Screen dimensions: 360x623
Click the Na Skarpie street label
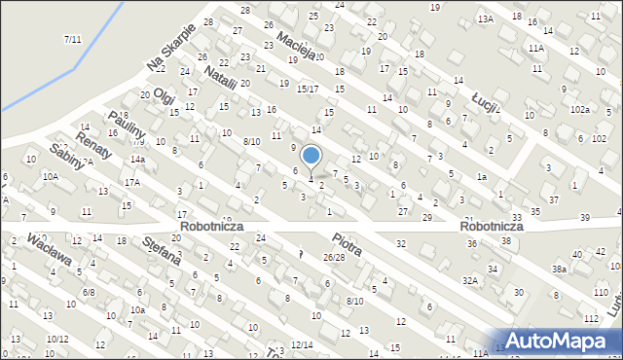tap(171, 47)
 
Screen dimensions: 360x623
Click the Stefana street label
tap(161, 250)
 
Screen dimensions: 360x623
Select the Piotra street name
tap(346, 244)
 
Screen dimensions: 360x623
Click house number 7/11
tap(71, 39)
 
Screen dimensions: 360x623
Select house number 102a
tap(580, 110)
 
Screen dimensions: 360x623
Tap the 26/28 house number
tap(334, 257)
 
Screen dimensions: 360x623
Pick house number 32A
tap(471, 280)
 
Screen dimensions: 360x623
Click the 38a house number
tap(559, 269)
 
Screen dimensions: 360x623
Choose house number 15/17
tap(308, 90)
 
